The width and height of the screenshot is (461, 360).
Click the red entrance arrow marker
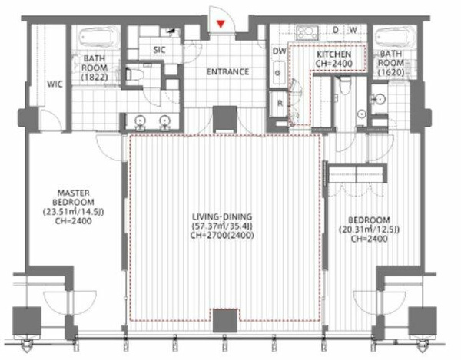221,24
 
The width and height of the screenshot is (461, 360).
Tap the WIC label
55,84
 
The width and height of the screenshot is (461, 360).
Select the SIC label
159,50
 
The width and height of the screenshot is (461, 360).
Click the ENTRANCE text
227,71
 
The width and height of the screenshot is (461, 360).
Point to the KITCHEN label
333,54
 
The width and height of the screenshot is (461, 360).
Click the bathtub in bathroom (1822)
98,38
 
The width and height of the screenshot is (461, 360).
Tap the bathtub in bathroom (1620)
395,38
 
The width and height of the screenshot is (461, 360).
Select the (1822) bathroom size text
95,78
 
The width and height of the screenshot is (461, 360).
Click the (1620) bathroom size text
391,72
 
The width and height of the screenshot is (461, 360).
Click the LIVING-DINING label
222,216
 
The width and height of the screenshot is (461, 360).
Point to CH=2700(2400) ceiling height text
222,235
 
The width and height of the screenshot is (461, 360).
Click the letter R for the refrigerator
280,103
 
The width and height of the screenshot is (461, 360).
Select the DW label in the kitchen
279,51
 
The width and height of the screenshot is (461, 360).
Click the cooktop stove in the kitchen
307,32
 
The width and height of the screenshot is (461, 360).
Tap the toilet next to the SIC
134,74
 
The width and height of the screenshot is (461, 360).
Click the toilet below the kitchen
345,84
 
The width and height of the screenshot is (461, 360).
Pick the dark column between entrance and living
225,118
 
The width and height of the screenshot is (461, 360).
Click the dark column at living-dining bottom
225,320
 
